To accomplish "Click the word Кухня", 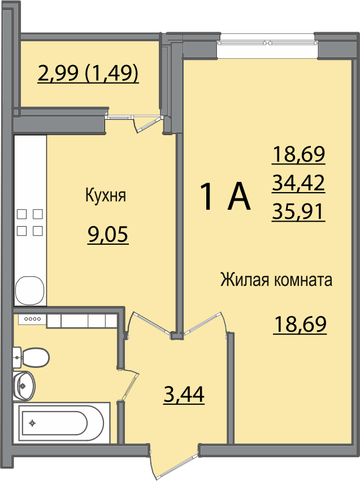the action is pos(106,196).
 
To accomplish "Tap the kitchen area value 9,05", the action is pos(107,235).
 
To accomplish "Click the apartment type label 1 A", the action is pos(225,196).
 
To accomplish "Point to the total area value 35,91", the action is pos(298,212).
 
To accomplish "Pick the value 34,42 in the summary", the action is pos(298,183).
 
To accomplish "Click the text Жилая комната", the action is pos(276,280).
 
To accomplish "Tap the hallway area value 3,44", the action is pos(184,395).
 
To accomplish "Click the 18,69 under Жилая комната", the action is pos(300,324).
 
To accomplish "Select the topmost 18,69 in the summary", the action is pos(298,154).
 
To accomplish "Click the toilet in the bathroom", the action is pos(31,357).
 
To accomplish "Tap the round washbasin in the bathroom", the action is pos(24,385).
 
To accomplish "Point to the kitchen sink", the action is pos(30,291).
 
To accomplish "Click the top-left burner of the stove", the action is pos(21,214).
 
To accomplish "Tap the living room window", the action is pos(267,42).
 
